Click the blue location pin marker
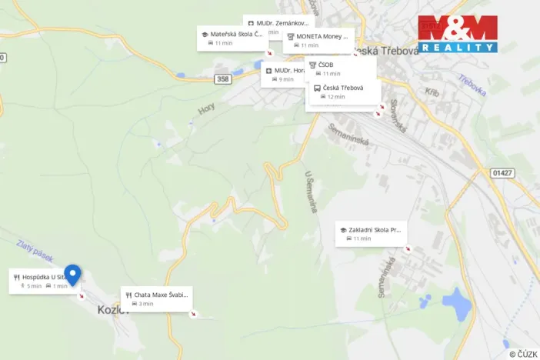(x=72, y=274)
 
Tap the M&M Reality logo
(x=458, y=34)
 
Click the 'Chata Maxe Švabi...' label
(x=160, y=295)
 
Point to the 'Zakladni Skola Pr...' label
(x=374, y=229)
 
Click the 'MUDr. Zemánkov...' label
(x=282, y=23)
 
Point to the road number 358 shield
(x=223, y=79)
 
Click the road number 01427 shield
(x=502, y=173)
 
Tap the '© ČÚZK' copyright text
(x=523, y=353)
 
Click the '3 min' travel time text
(x=145, y=304)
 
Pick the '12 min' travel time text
(x=336, y=97)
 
